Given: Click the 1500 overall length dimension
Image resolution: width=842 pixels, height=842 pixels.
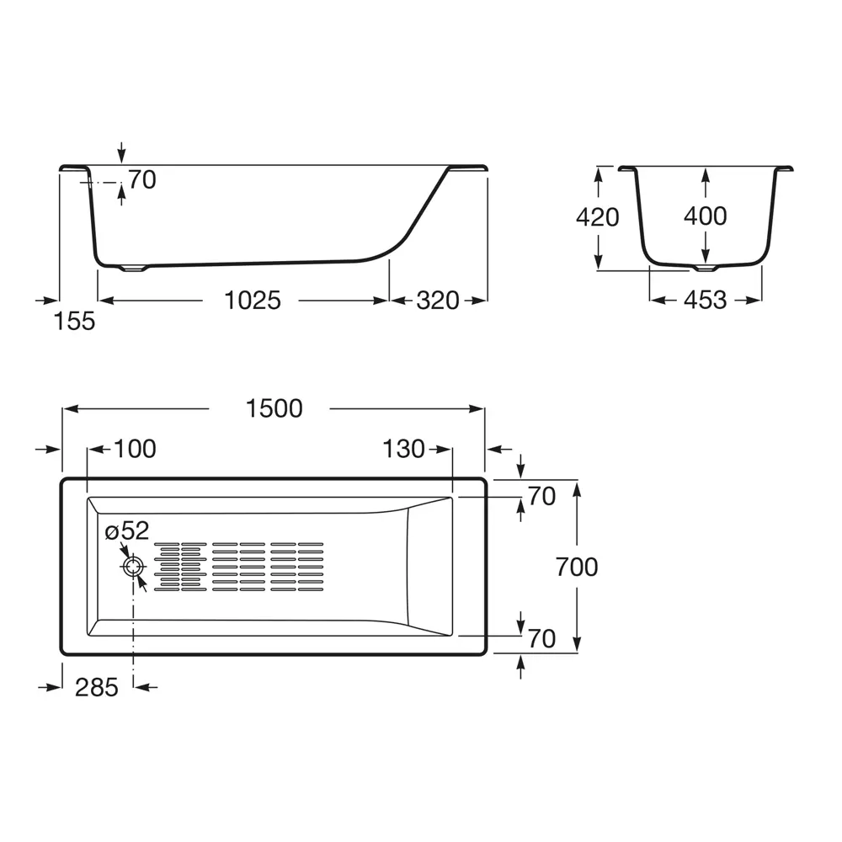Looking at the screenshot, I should (x=274, y=408).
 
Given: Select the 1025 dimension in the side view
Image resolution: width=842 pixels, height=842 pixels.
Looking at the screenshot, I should (x=252, y=300).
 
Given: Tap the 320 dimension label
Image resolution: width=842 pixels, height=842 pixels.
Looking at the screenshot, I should (x=438, y=300).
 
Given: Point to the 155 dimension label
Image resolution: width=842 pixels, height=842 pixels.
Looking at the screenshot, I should (x=75, y=321).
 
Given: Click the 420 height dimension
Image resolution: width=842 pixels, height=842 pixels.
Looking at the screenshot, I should (x=597, y=217).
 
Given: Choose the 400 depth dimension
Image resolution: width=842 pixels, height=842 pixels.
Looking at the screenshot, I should (x=705, y=216).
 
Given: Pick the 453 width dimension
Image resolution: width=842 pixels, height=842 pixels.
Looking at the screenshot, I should (x=705, y=300).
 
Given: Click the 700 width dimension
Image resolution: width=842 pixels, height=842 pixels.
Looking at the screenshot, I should (x=577, y=568).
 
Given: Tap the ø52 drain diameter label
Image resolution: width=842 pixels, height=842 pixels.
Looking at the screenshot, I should (x=127, y=531).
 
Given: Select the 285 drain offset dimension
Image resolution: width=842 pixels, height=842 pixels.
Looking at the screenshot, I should (x=97, y=687).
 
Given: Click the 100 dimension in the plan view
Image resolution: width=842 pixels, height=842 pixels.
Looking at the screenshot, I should (x=135, y=449).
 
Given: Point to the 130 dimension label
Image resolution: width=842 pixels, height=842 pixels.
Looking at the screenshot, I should (x=404, y=449).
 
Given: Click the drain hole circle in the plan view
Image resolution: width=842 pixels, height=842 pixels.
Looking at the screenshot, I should (x=133, y=566).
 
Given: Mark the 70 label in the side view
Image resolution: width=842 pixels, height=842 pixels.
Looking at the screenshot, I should (x=142, y=179).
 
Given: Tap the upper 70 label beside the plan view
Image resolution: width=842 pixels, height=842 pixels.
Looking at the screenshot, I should (x=542, y=497).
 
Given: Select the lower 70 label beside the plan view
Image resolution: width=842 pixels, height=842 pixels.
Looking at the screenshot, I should (x=542, y=639).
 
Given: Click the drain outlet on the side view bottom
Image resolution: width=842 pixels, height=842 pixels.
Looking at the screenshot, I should (x=134, y=269).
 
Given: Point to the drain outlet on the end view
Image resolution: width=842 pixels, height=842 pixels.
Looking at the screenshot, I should (x=706, y=269).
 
